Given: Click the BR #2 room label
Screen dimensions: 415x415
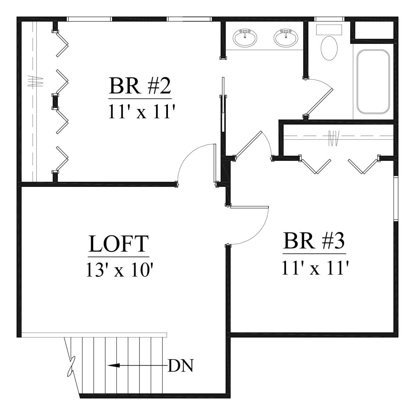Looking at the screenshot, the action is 140,86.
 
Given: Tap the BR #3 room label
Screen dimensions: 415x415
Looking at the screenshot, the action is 314,241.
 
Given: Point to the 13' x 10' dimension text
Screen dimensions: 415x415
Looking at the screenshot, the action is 120,270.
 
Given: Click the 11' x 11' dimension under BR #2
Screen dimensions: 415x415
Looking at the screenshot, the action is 141,111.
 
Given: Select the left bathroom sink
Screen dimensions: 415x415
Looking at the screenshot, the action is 245,38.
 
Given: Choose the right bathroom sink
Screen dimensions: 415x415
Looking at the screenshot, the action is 286,38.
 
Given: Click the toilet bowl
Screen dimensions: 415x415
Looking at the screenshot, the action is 329,48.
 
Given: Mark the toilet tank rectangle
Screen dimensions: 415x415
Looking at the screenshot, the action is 329,30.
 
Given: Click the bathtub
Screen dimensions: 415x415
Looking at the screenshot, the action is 373,82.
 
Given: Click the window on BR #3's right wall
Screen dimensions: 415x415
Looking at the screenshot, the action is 396,198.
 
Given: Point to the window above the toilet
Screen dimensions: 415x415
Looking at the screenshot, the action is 329,19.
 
